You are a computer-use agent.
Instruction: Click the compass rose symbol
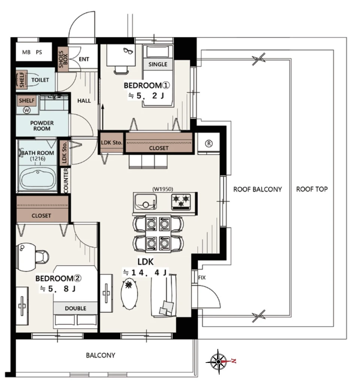point(218,361)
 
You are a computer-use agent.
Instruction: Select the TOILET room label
point(40,80)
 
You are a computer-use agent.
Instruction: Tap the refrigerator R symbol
point(209,144)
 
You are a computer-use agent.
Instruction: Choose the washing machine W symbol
point(27,110)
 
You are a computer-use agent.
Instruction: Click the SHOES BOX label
point(63,59)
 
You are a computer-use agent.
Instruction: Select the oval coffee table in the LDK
point(129,294)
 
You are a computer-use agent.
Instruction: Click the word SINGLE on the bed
point(158,64)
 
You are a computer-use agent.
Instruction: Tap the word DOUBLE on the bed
point(76,308)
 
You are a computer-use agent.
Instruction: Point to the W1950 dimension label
point(163,189)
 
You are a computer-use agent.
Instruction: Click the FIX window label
point(202,278)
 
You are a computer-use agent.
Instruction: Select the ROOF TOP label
point(312,189)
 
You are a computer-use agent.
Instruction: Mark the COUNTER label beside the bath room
point(65,181)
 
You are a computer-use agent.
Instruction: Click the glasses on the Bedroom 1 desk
point(128,51)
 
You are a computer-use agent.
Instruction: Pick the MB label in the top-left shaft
point(26,52)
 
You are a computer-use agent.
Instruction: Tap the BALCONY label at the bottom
point(101,355)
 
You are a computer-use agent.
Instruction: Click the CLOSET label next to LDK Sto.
point(159,148)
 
